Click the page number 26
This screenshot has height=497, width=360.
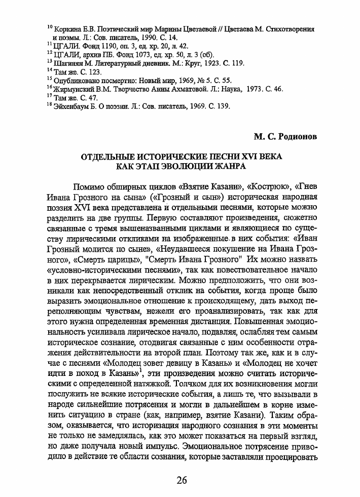[x=180, y=480]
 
